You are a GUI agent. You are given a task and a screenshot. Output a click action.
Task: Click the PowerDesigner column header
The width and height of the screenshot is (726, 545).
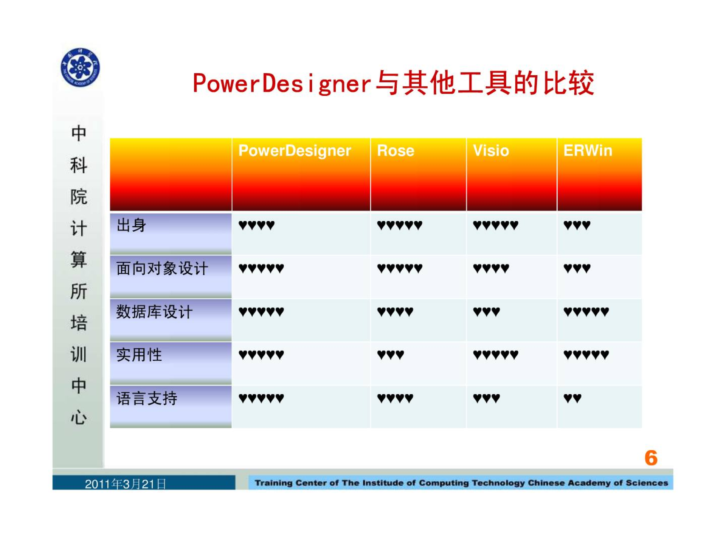point(295,151)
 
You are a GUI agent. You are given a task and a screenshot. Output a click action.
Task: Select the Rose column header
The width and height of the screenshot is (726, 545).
point(396,151)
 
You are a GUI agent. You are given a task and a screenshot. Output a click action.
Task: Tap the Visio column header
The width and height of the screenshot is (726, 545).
point(491,151)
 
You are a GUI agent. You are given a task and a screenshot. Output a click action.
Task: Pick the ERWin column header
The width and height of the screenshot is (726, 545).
point(588,151)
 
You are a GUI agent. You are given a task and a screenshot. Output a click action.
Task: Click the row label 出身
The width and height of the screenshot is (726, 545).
point(131,225)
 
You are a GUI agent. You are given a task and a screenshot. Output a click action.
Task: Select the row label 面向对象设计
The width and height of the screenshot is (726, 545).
point(162,268)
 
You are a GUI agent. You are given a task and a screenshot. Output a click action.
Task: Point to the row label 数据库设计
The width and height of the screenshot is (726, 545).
point(155,312)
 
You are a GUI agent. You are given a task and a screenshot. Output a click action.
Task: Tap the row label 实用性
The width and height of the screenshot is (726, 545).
point(139,355)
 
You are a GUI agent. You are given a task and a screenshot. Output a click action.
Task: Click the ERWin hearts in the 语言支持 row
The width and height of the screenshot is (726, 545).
point(572,398)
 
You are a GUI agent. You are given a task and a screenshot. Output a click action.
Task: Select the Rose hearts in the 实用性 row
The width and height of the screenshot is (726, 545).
point(391,355)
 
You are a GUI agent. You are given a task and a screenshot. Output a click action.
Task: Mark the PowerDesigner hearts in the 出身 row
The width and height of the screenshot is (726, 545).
point(256,225)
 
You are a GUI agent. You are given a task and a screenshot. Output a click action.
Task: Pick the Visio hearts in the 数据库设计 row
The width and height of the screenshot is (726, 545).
point(486,311)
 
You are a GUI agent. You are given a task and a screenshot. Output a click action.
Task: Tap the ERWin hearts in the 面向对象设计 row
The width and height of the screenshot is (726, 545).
point(577,268)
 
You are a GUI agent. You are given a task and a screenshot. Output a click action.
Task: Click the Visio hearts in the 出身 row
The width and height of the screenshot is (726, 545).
point(495,225)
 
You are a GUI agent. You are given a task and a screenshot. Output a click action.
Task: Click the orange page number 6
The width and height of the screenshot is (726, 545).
point(651,458)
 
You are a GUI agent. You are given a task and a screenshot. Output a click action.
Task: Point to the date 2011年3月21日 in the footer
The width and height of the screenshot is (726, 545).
point(125,484)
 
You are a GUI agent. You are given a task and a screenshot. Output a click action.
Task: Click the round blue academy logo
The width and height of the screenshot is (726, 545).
point(80,67)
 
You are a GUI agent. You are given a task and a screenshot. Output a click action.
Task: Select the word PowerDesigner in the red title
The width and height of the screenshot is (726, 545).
point(282,83)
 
